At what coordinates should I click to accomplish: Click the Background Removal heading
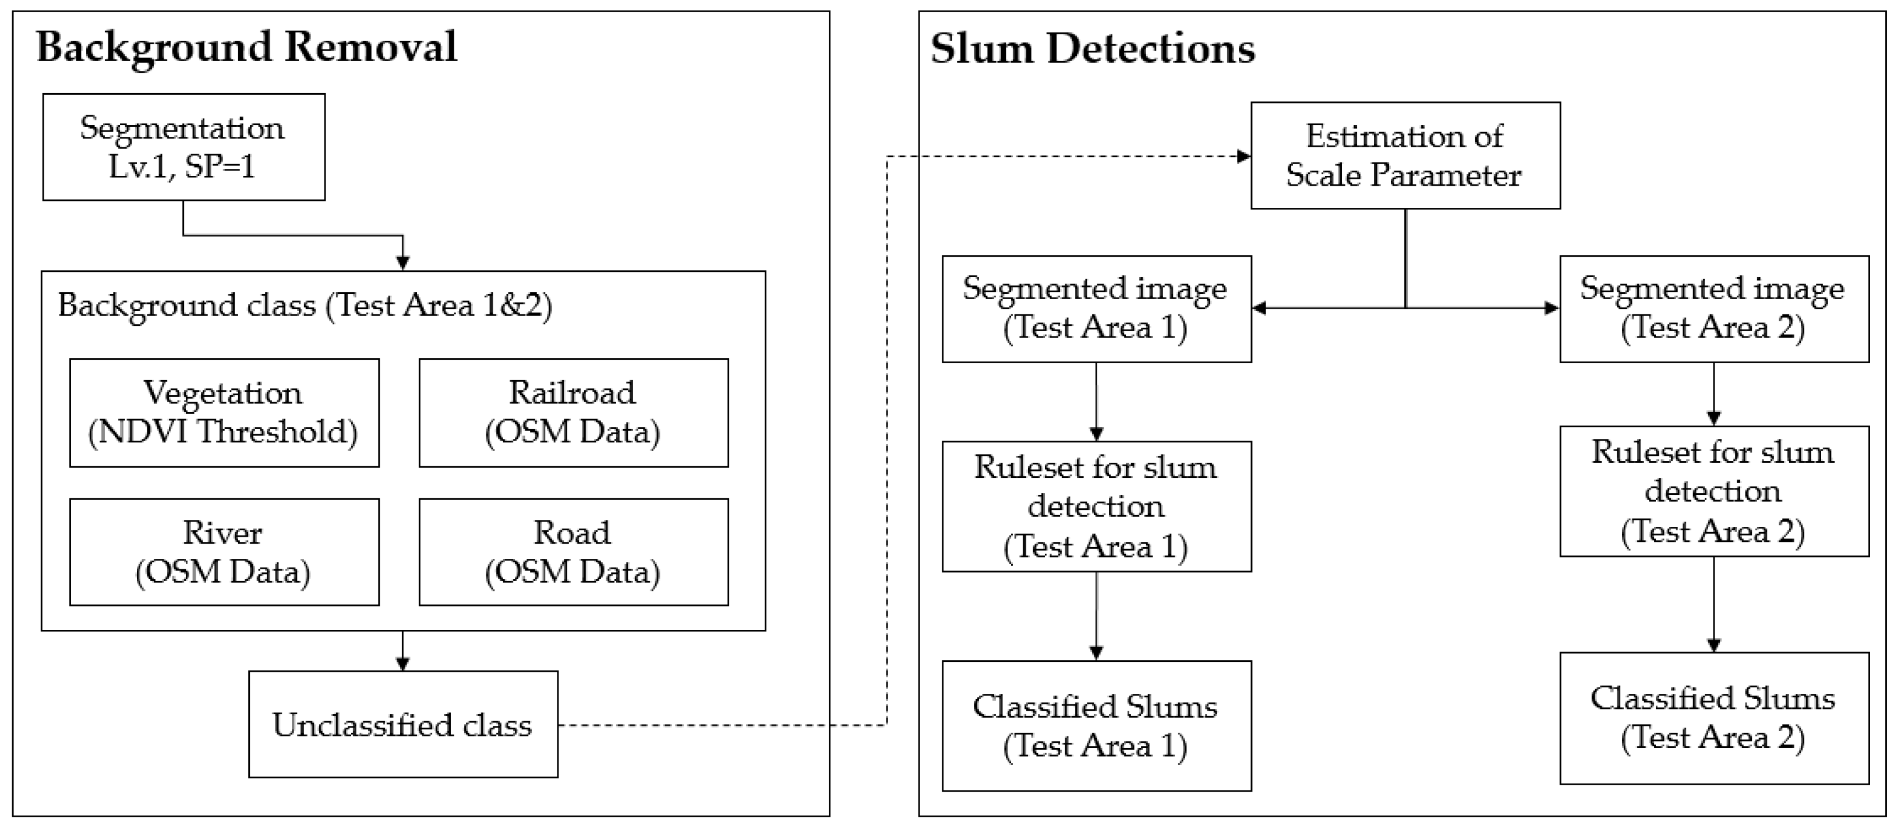click(x=246, y=47)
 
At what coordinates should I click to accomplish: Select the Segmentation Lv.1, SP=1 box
click(x=183, y=147)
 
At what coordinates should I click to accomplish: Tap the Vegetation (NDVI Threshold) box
click(x=224, y=412)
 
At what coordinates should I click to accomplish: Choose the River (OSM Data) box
click(x=224, y=552)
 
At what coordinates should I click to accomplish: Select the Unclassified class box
click(x=402, y=725)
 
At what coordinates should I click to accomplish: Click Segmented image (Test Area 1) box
click(x=1096, y=309)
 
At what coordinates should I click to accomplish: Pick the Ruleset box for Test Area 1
click(x=1096, y=506)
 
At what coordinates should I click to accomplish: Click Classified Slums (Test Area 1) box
click(x=1096, y=725)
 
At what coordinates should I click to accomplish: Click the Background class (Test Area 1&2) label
click(x=305, y=305)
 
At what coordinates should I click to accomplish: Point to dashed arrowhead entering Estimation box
click(x=1243, y=157)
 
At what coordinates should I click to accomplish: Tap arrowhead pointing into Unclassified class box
click(x=402, y=664)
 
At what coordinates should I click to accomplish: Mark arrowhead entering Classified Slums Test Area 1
click(x=1096, y=653)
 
